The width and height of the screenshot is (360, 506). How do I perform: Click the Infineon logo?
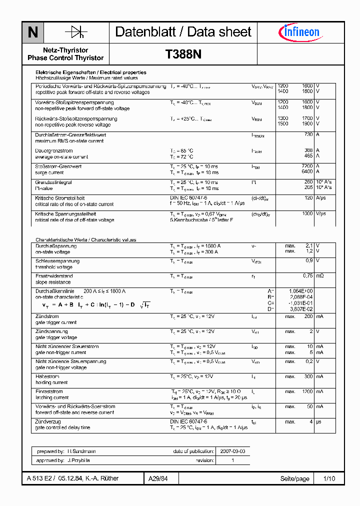(x=299, y=32)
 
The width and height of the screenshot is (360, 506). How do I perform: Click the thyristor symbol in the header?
(x=76, y=32)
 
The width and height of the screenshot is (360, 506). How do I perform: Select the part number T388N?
(x=183, y=54)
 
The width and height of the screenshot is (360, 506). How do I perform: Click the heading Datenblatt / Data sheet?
(x=183, y=32)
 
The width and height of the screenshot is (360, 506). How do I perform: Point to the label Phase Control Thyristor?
(x=65, y=58)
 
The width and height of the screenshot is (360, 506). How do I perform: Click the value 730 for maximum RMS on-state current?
(x=308, y=134)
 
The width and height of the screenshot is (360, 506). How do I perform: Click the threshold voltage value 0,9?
(x=309, y=260)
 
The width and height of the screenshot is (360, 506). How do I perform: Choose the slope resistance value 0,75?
(x=307, y=275)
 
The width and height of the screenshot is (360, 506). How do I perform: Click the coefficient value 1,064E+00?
(x=301, y=290)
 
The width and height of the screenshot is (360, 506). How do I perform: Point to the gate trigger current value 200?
(x=308, y=316)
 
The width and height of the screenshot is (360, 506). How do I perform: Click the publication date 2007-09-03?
(x=232, y=451)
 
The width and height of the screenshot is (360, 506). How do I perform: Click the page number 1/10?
(x=329, y=478)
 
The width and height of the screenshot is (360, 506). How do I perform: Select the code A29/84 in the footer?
(x=158, y=478)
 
